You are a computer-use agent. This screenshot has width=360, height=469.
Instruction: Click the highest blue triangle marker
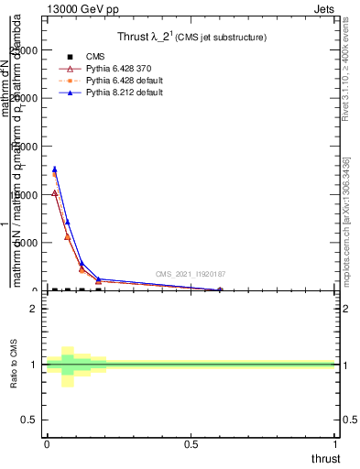(x=55, y=169)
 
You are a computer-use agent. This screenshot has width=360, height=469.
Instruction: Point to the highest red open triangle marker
(x=55, y=193)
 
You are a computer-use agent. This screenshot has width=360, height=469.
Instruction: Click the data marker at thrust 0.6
(x=220, y=289)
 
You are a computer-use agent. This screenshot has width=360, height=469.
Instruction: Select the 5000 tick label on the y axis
(x=28, y=243)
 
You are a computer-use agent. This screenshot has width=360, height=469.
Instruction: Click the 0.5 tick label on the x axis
(x=191, y=444)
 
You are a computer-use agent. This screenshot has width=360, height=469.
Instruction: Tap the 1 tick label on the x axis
(x=335, y=444)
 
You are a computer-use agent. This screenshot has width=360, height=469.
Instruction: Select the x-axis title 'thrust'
(x=325, y=458)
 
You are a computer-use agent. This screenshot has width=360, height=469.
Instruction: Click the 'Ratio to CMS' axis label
(x=13, y=365)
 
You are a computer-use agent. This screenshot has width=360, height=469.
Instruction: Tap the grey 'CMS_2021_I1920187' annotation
(x=190, y=274)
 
